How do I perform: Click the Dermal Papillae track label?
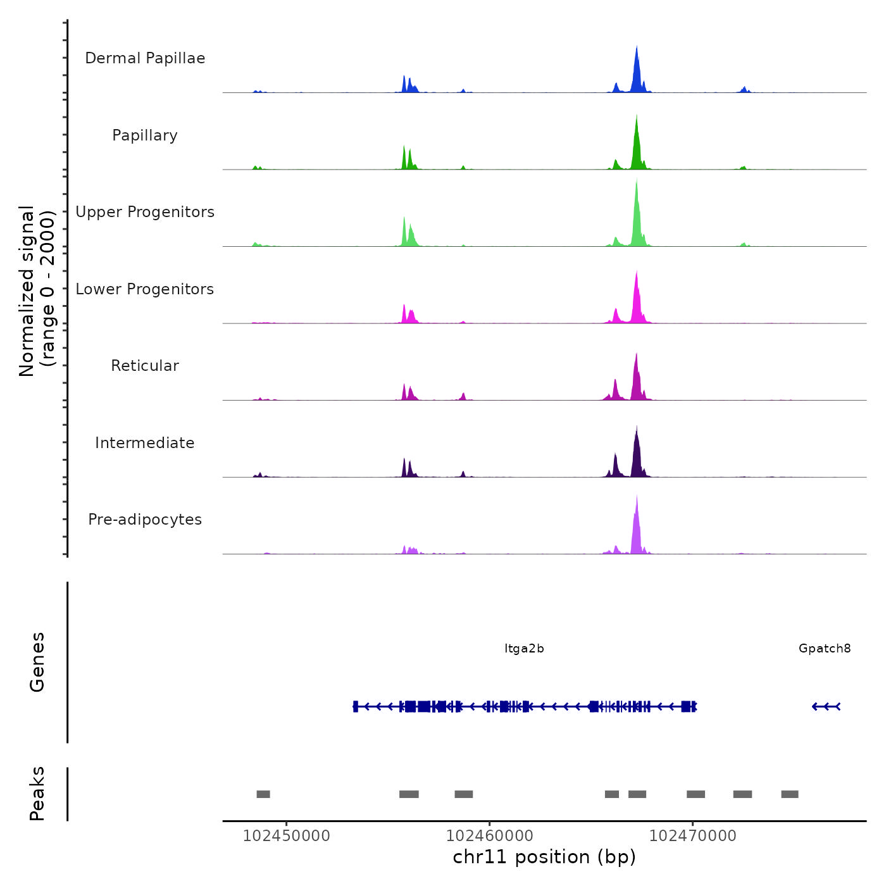click(x=145, y=58)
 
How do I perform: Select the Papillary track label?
click(x=145, y=135)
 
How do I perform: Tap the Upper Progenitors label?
click(x=145, y=212)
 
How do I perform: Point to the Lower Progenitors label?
click(x=145, y=289)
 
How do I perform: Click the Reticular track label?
click(x=145, y=366)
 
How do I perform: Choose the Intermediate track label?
click(x=145, y=443)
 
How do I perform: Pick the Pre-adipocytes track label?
click(x=145, y=520)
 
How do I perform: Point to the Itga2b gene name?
click(x=524, y=649)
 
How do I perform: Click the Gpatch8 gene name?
click(x=825, y=649)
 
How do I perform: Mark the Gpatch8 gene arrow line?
click(x=826, y=706)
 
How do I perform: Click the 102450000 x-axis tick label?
click(x=286, y=836)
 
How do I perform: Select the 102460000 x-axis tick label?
click(x=489, y=836)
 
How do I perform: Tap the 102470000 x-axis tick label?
click(x=692, y=836)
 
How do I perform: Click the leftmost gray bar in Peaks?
click(x=263, y=794)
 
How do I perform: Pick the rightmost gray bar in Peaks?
click(x=789, y=794)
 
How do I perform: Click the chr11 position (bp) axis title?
click(x=544, y=858)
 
